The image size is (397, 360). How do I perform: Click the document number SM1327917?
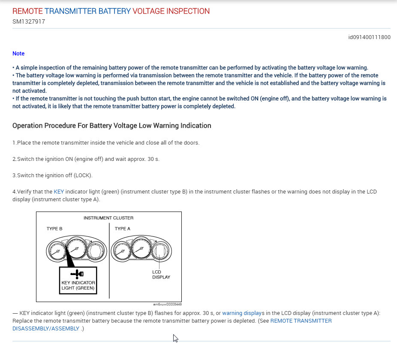(29, 21)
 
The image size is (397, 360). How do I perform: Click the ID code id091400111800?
(369, 37)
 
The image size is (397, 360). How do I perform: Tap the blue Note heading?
(18, 54)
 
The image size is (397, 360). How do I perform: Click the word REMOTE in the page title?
(28, 11)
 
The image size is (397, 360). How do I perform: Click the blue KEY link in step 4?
(59, 191)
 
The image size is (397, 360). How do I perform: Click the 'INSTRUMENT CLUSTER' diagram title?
(108, 218)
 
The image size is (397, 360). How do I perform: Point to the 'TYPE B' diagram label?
(54, 229)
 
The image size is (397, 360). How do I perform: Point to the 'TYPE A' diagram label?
(123, 229)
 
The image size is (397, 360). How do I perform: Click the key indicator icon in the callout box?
(77, 274)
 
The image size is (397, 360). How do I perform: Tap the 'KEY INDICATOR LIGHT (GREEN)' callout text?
(78, 285)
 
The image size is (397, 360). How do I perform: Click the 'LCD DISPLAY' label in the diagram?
(161, 275)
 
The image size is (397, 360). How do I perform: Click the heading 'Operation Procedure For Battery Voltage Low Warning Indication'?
(111, 126)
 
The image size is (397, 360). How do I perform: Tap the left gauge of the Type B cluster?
(56, 252)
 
